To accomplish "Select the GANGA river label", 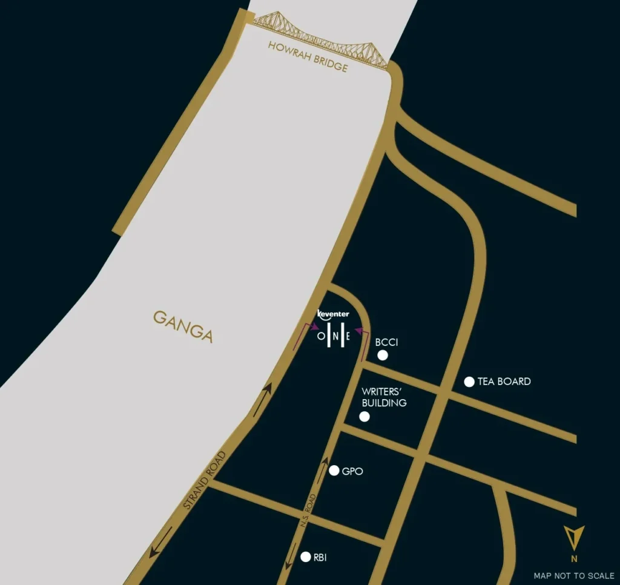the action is (x=183, y=326).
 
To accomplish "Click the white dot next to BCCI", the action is (x=383, y=355).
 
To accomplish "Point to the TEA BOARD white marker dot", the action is (x=469, y=382).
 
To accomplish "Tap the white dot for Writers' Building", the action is (x=364, y=416).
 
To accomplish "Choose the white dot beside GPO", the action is (x=334, y=471).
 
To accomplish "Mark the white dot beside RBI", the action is (x=306, y=557).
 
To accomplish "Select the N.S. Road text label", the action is (x=308, y=512).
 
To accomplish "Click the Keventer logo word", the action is (x=334, y=314).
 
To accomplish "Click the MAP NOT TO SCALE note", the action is (x=573, y=575).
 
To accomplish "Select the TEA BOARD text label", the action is (x=504, y=382).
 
